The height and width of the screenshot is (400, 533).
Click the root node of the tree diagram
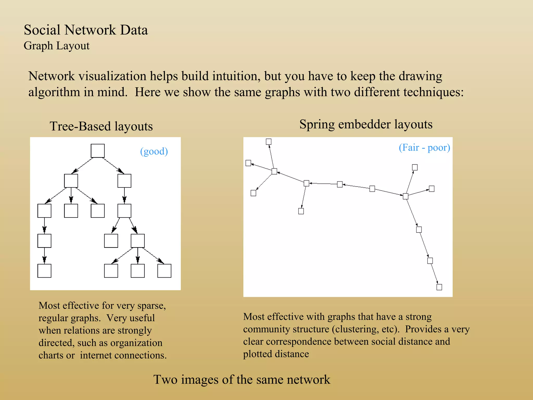coord(98,151)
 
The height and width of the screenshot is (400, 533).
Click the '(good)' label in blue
coord(154,151)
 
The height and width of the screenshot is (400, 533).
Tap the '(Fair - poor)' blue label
coord(424,147)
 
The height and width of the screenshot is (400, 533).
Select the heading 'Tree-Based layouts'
coord(101,126)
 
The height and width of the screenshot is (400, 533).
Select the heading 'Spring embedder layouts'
coord(366,124)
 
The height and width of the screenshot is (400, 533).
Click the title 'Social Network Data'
coord(86,30)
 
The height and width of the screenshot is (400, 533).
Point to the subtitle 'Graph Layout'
coord(56,46)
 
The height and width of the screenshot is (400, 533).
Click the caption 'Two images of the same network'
coord(242,379)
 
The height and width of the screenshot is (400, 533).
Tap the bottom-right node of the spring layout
coord(439,287)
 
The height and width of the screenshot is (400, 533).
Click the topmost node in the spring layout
coord(269,142)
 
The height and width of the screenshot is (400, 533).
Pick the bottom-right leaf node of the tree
coord(164,271)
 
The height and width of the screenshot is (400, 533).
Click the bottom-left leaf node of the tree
coord(44,271)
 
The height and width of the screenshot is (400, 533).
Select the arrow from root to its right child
coord(113,165)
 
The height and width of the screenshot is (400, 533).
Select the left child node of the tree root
coord(71,181)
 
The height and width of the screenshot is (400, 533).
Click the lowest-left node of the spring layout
coord(253,193)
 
